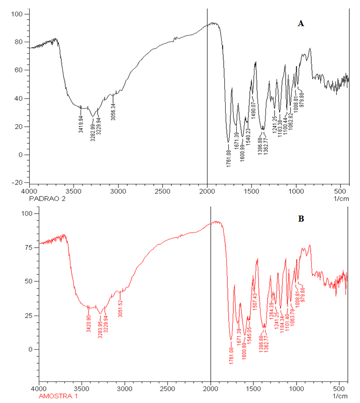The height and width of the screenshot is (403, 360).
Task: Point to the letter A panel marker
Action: pyautogui.click(x=301, y=23)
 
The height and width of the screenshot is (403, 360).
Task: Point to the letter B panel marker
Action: pyautogui.click(x=301, y=219)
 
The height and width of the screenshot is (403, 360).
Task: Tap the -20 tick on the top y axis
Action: pyautogui.click(x=18, y=182)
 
